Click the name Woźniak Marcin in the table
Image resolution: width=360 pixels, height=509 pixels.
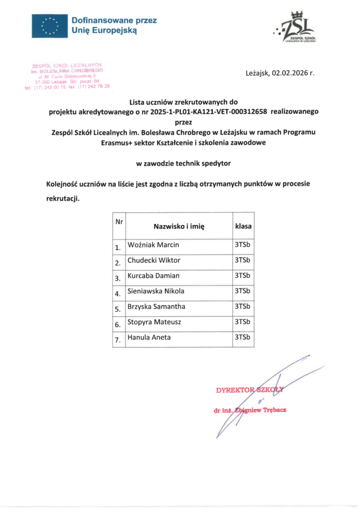[153, 245]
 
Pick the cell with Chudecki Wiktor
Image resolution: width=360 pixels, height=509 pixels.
[154, 260]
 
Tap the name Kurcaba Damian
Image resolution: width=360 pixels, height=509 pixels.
[153, 276]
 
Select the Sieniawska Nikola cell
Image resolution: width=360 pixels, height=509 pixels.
[156, 291]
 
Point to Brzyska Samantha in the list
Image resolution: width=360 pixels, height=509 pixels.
[156, 307]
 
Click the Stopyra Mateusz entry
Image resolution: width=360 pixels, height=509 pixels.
[154, 322]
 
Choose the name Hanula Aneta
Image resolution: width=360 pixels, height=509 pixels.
[149, 338]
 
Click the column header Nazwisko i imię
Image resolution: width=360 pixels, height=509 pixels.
[179, 226]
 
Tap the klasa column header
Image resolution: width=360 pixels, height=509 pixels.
[243, 226]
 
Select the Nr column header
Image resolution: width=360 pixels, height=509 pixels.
[119, 221]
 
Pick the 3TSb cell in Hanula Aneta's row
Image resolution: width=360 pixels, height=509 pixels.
[242, 338]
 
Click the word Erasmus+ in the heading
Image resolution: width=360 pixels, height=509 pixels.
[115, 142]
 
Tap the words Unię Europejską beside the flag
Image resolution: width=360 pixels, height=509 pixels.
[103, 30]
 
